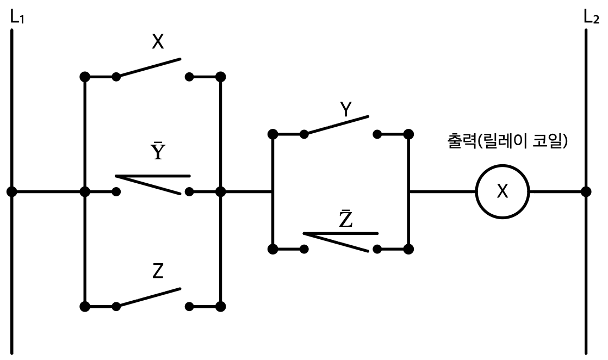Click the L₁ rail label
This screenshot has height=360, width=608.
tap(17, 17)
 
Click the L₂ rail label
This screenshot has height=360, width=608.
tap(591, 17)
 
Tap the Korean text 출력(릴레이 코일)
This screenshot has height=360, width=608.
tap(507, 141)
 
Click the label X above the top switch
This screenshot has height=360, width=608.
tap(158, 41)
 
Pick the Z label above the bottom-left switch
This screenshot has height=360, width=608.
tap(158, 271)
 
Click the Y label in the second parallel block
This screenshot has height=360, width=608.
tap(346, 109)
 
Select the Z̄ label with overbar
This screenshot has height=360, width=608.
tap(345, 219)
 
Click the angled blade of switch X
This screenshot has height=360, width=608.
tap(148, 67)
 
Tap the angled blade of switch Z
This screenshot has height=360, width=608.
tap(148, 297)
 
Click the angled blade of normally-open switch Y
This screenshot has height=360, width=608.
tap(337, 125)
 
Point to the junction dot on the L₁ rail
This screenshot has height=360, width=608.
tap(11, 191)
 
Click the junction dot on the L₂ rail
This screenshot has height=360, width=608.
tap(586, 191)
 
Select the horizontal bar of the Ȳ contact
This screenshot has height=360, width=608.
tap(153, 176)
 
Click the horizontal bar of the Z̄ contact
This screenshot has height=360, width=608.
tap(341, 233)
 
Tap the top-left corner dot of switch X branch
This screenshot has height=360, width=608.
tap(85, 77)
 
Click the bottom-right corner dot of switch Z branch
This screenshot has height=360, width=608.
tap(221, 307)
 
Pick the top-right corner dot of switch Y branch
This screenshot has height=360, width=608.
tap(408, 134)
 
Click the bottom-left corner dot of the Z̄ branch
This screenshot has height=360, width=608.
tap(273, 249)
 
